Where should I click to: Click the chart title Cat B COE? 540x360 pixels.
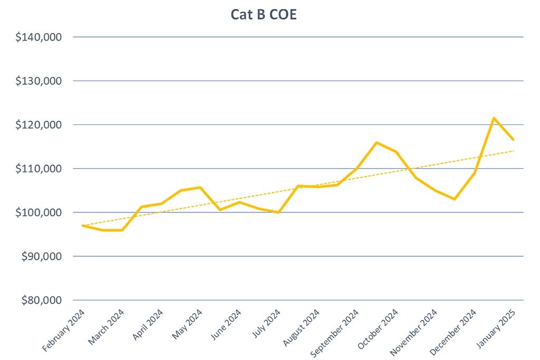(264, 14)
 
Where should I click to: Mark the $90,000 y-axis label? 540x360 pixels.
(43, 256)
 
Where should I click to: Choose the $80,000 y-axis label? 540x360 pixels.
(43, 300)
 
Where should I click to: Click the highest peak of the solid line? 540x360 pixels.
(494, 118)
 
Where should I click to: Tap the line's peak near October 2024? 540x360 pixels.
(377, 142)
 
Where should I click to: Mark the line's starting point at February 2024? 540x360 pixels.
(83, 226)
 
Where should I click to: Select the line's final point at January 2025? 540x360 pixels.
(514, 140)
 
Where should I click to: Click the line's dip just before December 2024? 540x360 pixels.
(455, 199)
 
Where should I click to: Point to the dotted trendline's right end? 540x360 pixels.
(514, 151)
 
